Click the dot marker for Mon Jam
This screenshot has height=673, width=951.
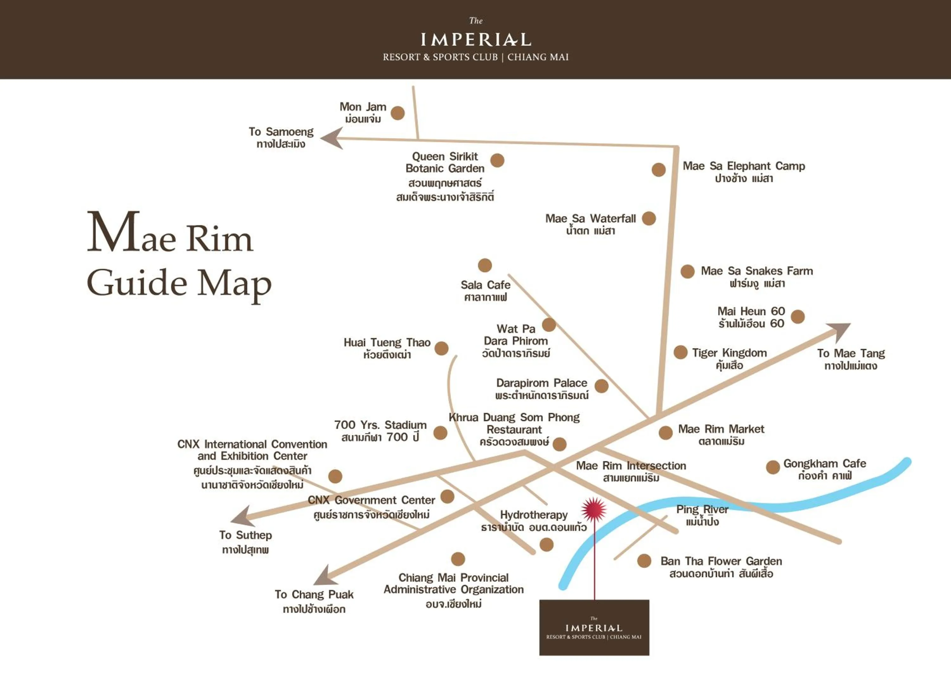click(398, 113)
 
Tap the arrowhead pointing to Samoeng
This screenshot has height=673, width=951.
click(332, 138)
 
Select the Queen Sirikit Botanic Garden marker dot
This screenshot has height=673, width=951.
click(497, 160)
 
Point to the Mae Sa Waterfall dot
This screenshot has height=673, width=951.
click(649, 219)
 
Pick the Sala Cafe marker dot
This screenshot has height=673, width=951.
click(485, 265)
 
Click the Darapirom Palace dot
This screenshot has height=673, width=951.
click(601, 386)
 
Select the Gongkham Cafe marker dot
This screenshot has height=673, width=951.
click(773, 467)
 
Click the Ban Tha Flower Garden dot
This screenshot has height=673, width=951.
click(644, 561)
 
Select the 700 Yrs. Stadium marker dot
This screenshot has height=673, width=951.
click(440, 433)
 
